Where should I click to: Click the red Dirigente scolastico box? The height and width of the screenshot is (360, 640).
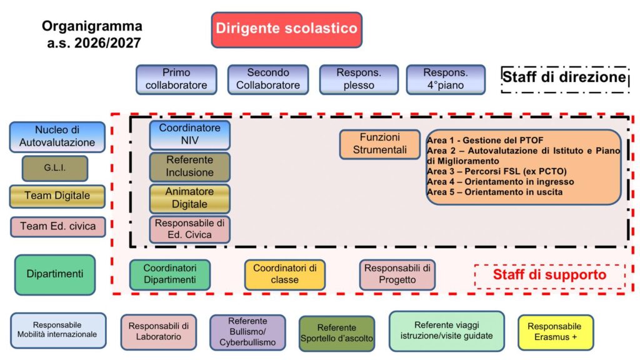286,30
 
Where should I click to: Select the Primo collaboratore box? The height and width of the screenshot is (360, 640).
176,79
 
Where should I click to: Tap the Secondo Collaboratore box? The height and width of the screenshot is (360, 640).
268,79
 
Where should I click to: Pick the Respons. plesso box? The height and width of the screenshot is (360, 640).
359,79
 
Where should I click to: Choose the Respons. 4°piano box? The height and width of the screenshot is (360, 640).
446,79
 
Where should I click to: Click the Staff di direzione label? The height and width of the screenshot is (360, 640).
564,77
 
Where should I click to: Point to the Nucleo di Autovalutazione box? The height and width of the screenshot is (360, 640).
57,137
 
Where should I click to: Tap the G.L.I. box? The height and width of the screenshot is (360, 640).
55,168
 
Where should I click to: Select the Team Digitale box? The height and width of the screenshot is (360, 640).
57,196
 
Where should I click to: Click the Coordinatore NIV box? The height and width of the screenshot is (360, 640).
190,135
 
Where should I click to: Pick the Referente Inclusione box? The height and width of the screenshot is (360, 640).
190,167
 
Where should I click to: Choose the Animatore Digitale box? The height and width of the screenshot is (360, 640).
190,199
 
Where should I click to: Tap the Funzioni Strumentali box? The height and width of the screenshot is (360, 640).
379,144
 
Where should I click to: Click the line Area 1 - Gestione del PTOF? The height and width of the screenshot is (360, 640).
485,141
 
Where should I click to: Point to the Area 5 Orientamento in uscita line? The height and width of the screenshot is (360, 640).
495,192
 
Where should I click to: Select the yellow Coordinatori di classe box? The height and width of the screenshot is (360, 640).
285,275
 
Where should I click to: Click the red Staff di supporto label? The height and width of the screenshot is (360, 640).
550,275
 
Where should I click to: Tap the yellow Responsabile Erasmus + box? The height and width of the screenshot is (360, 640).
556,332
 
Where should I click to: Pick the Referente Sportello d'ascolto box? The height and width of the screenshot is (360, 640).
337,334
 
